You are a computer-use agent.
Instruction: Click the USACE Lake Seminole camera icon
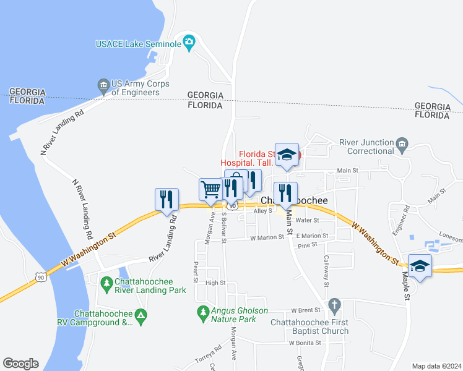[x=189, y=43]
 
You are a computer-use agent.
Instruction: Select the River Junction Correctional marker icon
[x=402, y=146]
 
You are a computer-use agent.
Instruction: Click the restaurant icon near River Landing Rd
[x=167, y=199]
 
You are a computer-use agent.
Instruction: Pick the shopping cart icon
[x=210, y=189]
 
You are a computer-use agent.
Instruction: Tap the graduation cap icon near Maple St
[x=420, y=266]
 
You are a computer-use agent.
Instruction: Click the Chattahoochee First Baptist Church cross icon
[x=334, y=305]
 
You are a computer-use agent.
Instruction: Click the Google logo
[x=20, y=363]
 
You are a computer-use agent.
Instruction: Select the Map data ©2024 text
[x=436, y=366]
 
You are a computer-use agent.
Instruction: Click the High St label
[x=215, y=283]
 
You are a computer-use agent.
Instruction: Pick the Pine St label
[x=307, y=245]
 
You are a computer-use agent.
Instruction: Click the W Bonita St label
[x=305, y=342]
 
